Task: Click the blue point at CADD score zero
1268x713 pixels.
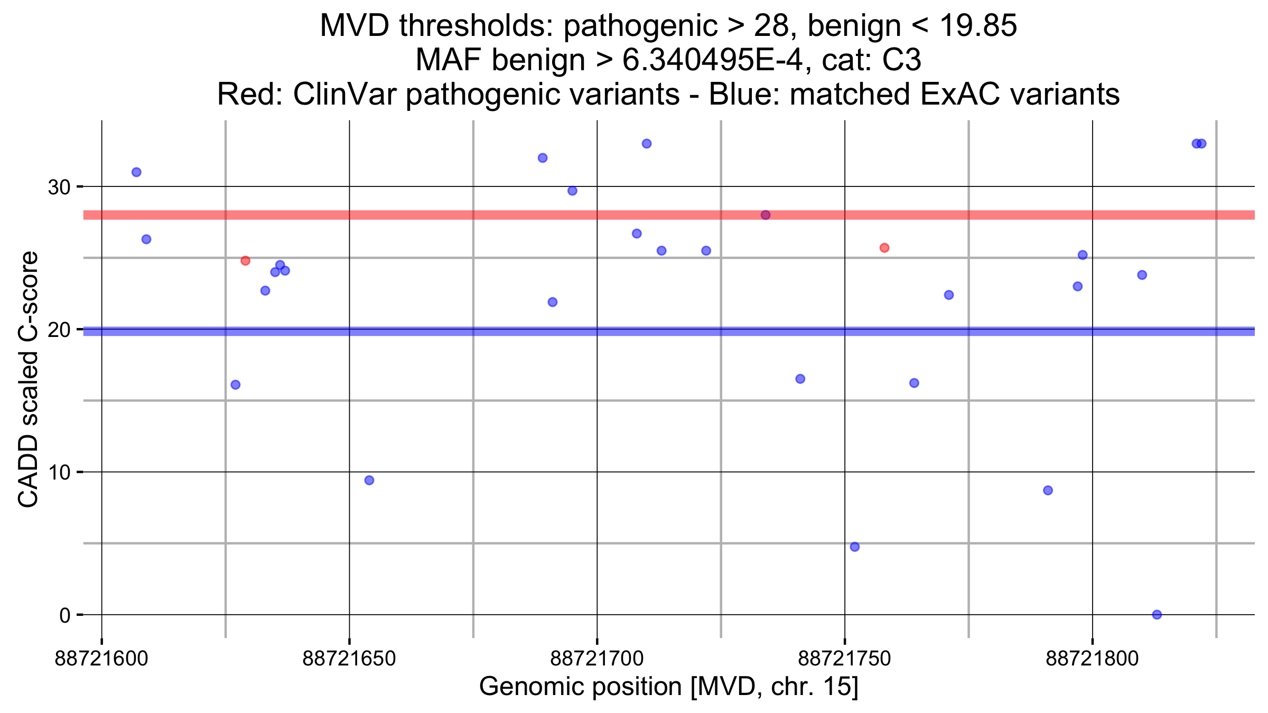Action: click(x=1157, y=614)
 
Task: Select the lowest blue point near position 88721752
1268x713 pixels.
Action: click(x=854, y=547)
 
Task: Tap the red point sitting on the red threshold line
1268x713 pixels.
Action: click(x=766, y=215)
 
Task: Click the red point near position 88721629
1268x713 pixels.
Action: click(x=245, y=261)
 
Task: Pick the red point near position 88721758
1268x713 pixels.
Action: click(x=884, y=248)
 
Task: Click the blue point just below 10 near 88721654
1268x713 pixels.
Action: click(x=369, y=480)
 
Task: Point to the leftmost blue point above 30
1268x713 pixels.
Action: click(x=136, y=172)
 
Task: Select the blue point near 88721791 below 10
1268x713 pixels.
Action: click(x=1048, y=490)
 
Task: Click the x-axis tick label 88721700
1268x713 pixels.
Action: click(x=597, y=659)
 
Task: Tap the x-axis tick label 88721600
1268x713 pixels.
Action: click(x=101, y=659)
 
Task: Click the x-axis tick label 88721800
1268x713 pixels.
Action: click(x=1092, y=659)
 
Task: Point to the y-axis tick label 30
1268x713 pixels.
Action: click(x=59, y=187)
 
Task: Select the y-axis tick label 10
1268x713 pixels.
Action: click(x=59, y=472)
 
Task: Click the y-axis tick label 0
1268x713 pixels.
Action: click(x=65, y=615)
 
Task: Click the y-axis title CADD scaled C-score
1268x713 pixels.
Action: click(x=29, y=379)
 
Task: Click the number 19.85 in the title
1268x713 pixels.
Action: click(x=977, y=25)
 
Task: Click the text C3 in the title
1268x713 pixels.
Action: click(x=902, y=60)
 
